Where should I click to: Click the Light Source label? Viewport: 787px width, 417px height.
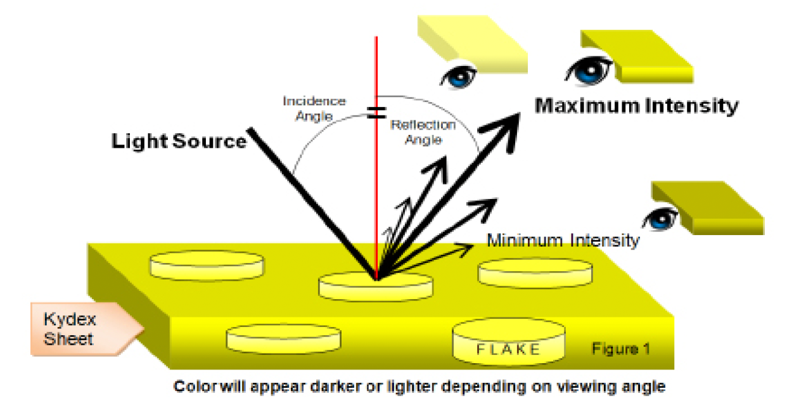click(179, 141)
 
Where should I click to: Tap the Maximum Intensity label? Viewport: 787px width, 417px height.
click(636, 105)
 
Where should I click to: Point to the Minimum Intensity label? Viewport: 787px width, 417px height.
click(563, 240)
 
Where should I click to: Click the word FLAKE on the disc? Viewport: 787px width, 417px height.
click(509, 349)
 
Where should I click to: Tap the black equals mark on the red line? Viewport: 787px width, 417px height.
click(377, 112)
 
